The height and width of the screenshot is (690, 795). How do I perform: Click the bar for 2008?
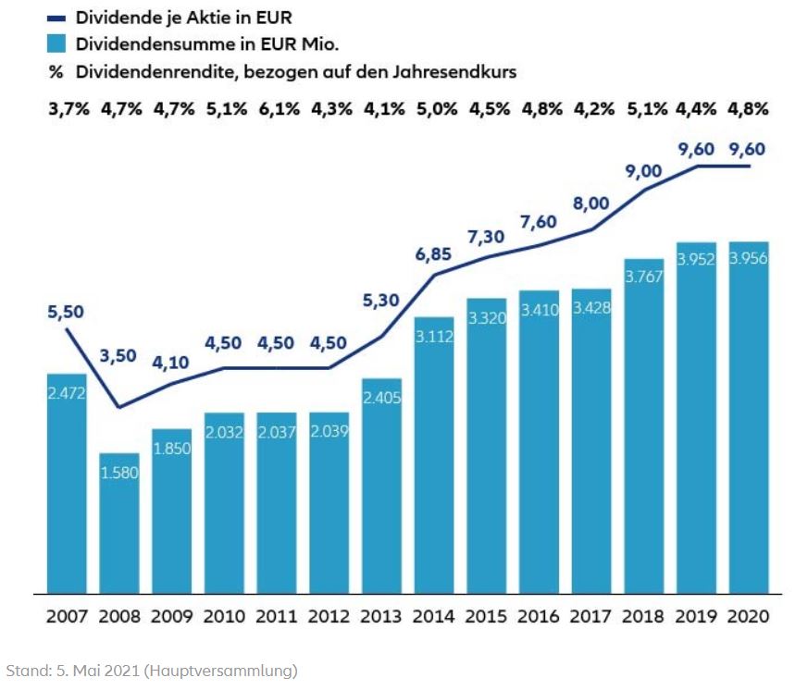(x=119, y=523)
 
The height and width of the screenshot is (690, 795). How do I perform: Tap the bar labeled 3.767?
(x=644, y=425)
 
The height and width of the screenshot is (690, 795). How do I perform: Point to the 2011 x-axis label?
(x=277, y=616)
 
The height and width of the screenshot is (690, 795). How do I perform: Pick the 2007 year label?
(x=67, y=616)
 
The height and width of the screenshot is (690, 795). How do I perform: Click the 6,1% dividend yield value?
(x=277, y=109)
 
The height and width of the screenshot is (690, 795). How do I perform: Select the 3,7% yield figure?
(x=67, y=109)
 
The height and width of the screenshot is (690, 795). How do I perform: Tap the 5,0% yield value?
(x=435, y=109)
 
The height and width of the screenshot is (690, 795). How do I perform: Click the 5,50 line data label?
(x=66, y=313)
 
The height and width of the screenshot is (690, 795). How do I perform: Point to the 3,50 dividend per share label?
(x=119, y=355)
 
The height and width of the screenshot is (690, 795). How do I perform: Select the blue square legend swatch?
(x=57, y=43)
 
